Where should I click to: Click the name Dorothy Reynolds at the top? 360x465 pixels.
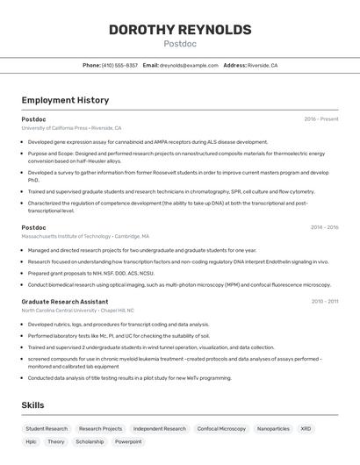pyautogui.click(x=180, y=30)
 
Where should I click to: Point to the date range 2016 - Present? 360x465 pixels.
pyautogui.click(x=321, y=119)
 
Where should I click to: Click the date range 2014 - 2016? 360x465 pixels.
pyautogui.click(x=324, y=227)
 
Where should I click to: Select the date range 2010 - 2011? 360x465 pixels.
pyautogui.click(x=325, y=301)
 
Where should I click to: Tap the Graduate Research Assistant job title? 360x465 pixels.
pyautogui.click(x=65, y=301)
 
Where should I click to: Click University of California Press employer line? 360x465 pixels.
pyautogui.click(x=71, y=128)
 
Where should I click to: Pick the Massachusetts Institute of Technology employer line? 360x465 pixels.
pyautogui.click(x=85, y=236)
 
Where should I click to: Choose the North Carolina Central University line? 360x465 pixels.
pyautogui.click(x=77, y=310)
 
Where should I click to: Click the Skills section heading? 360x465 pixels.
pyautogui.click(x=33, y=404)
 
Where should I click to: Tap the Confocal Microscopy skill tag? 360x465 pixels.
pyautogui.click(x=221, y=429)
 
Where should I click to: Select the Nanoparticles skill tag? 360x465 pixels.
pyautogui.click(x=273, y=429)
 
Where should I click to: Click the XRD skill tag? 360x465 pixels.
pyautogui.click(x=306, y=429)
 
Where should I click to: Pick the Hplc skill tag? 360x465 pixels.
pyautogui.click(x=32, y=441)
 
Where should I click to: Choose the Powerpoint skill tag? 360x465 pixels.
pyautogui.click(x=128, y=441)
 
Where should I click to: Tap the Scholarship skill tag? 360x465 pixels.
pyautogui.click(x=90, y=441)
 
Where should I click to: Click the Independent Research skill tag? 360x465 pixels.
pyautogui.click(x=160, y=429)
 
